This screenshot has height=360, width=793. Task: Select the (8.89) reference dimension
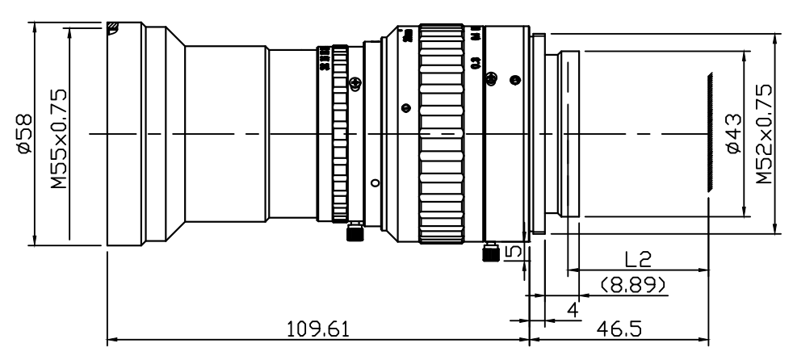coord(634,283)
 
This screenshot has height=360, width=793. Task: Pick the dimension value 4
coord(572,308)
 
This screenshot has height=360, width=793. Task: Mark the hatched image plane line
coord(709,132)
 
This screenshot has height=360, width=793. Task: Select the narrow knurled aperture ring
coord(341,133)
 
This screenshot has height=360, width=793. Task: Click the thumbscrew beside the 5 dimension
coord(489,253)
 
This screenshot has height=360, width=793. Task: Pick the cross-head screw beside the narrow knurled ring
coord(353,82)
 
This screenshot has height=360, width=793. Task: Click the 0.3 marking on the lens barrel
coord(476,62)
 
